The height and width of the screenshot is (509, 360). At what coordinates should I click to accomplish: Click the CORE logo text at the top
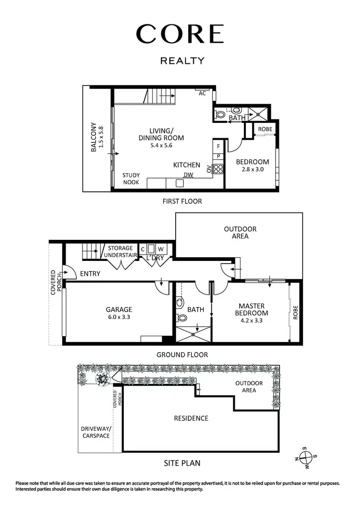point(180,34)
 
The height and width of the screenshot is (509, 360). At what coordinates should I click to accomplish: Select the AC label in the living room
point(202,94)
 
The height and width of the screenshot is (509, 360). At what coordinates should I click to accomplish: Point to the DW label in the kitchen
point(188,175)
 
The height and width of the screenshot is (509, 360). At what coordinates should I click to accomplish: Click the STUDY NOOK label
point(131,179)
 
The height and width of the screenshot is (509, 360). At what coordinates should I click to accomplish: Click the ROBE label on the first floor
point(265,130)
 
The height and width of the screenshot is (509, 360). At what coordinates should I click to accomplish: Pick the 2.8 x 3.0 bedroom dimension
point(252,169)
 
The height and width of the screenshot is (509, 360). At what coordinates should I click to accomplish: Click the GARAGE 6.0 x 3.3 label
point(119,313)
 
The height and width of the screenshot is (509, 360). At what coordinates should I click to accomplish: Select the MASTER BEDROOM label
point(252,309)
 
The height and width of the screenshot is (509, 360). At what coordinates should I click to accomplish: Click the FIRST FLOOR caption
point(182,201)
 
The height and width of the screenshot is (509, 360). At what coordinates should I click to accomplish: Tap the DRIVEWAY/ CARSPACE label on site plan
point(96,432)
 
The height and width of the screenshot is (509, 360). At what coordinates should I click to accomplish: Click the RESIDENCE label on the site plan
point(191,418)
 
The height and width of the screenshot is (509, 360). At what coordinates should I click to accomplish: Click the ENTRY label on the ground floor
point(90,273)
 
